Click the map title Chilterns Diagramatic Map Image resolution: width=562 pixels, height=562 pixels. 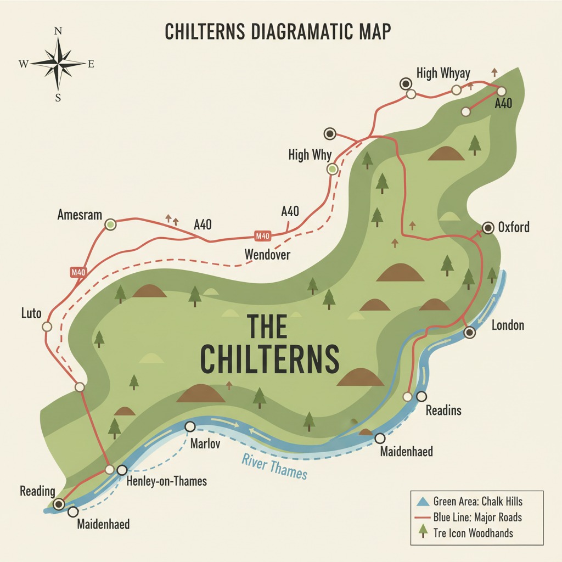coord(279,32)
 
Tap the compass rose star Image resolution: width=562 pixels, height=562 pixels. coord(58,64)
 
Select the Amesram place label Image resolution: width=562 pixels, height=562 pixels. coord(80,215)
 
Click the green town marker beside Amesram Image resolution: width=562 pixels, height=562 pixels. coord(110,224)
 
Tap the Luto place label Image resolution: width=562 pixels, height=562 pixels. coord(31,313)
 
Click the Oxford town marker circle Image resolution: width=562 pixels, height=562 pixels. coord(488,228)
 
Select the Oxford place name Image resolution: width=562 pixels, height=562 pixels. coord(514,227)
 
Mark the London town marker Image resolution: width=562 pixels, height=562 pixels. coord(470,332)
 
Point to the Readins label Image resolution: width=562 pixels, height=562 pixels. coord(443,410)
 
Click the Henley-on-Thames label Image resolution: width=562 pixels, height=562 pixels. coord(166,481)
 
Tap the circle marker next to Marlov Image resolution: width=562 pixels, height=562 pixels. coord(190,426)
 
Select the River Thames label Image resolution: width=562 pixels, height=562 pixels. coord(274,465)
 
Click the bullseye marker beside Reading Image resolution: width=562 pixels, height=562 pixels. coord(59,504)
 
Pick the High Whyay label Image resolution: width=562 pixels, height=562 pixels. coord(443,73)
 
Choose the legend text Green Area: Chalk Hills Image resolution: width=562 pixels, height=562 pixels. coord(477,501)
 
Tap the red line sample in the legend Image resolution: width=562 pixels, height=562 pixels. coord(421,517)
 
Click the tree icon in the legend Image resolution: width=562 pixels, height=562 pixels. coord(421,531)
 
